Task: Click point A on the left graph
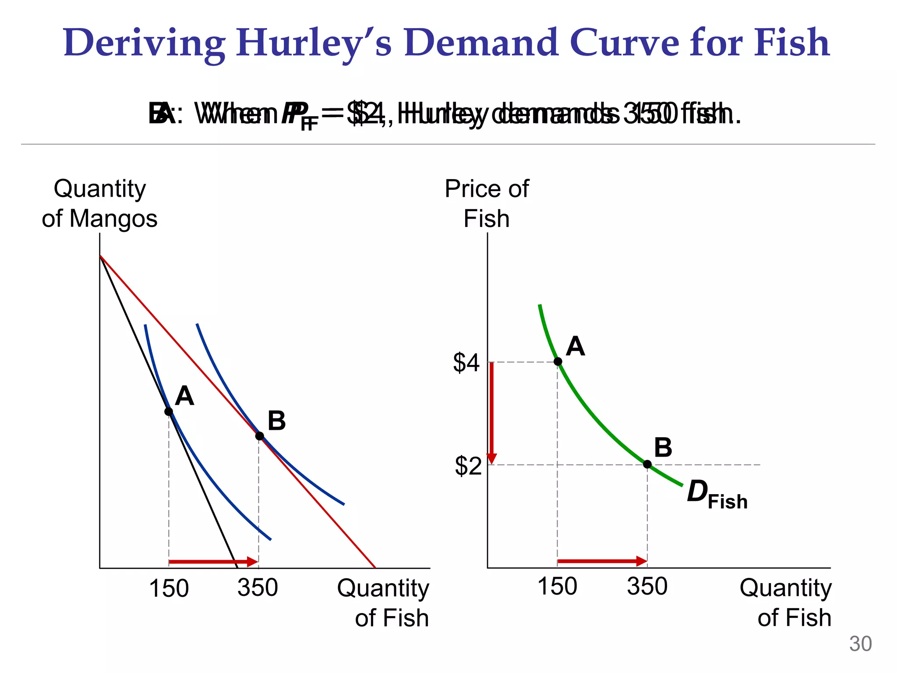[x=169, y=411]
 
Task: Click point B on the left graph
[x=259, y=436]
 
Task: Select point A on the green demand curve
[x=558, y=361]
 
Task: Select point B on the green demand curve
[x=647, y=464]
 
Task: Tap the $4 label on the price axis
[x=466, y=363]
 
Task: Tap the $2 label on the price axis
[x=468, y=466]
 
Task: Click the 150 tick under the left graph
[x=169, y=588]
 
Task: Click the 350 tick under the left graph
[x=258, y=587]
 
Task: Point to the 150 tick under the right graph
[x=557, y=586]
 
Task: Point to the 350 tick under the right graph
[x=647, y=586]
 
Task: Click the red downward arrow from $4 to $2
[x=492, y=412]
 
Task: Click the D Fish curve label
[x=716, y=494]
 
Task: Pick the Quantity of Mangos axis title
[x=99, y=203]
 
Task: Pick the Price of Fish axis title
[x=487, y=203]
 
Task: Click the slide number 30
[x=860, y=644]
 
